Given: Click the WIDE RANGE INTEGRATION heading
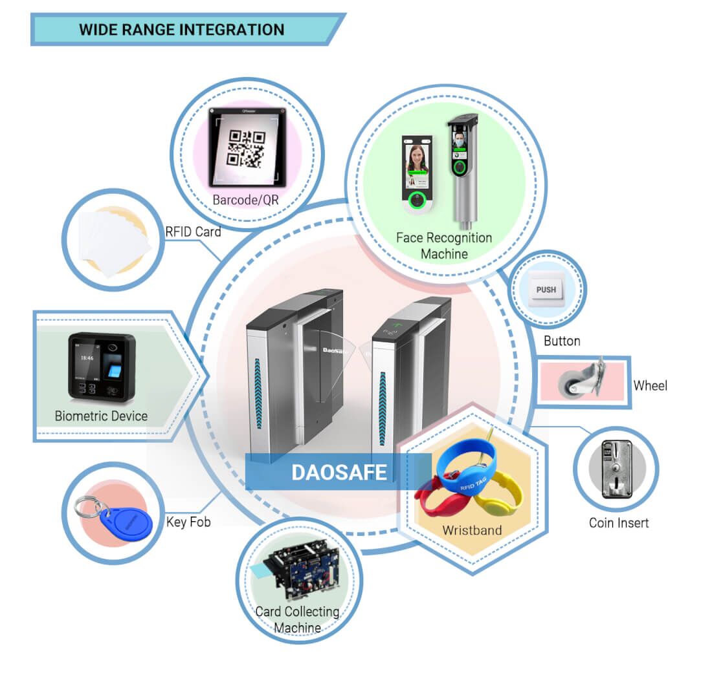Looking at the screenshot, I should pyautogui.click(x=181, y=30).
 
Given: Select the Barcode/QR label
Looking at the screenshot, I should pyautogui.click(x=245, y=200).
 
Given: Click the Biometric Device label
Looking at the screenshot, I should pyautogui.click(x=101, y=416).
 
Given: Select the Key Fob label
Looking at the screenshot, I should pyautogui.click(x=188, y=522).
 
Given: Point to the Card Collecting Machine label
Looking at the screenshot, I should pyautogui.click(x=297, y=619).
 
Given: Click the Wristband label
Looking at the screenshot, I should pyautogui.click(x=472, y=530).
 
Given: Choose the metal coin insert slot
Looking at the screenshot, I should pyautogui.click(x=616, y=469).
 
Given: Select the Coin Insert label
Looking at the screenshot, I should pyautogui.click(x=618, y=523).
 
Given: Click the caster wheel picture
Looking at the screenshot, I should pyautogui.click(x=583, y=381).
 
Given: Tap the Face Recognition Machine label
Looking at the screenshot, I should pyautogui.click(x=444, y=246).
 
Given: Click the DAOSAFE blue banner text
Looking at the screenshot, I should pyautogui.click(x=339, y=472).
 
